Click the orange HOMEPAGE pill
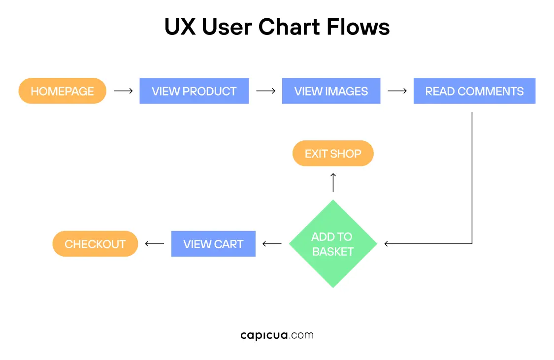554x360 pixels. tap(63, 91)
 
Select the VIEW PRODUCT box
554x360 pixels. tap(194, 91)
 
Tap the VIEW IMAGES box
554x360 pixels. tap(331, 91)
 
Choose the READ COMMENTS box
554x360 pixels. tap(474, 91)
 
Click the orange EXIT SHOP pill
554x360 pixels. tap(333, 154)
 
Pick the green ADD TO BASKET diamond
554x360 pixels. tap(333, 244)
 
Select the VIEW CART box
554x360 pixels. tap(213, 244)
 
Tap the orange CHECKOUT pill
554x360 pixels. tap(95, 244)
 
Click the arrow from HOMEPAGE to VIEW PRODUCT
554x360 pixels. tap(123, 91)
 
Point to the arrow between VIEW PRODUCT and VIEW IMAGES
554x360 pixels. tap(265, 91)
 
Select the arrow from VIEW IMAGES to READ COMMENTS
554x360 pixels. tap(397, 91)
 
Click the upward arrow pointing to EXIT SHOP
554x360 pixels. tap(333, 182)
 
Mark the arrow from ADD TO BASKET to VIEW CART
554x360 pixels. tap(272, 244)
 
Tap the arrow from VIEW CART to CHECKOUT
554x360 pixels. tap(154, 244)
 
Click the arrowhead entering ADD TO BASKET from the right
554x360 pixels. tap(387, 243)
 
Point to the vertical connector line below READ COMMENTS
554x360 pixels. tap(472, 177)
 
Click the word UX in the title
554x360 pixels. tap(179, 27)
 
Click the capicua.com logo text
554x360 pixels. tap(277, 335)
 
